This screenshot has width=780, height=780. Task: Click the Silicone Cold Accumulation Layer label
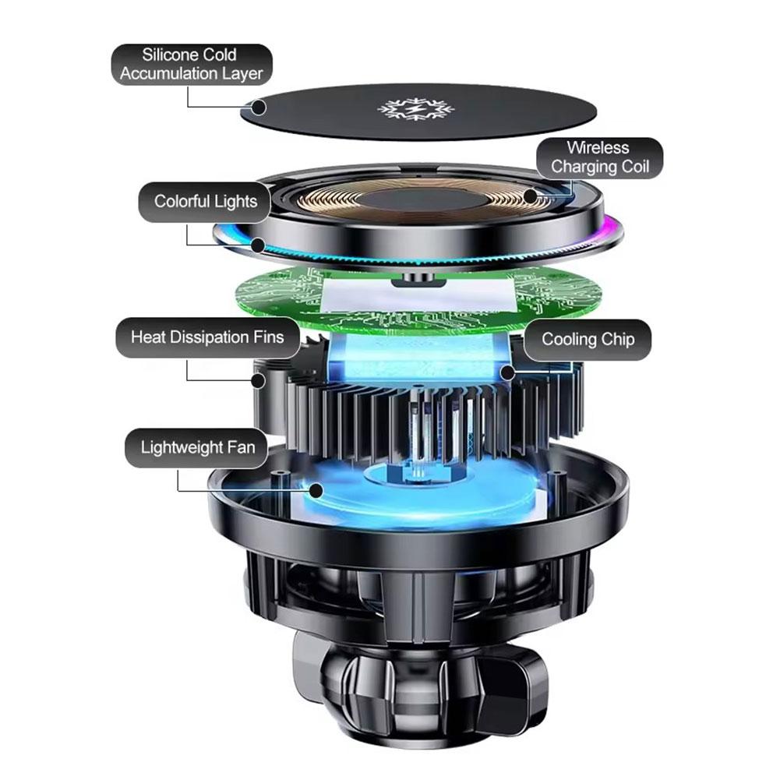click(x=191, y=65)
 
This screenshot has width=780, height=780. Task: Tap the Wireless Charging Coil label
click(x=599, y=158)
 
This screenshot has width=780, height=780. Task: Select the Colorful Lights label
click(x=205, y=202)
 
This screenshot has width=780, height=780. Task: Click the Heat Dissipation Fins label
click(x=206, y=337)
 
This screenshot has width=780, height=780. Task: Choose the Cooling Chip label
click(x=587, y=340)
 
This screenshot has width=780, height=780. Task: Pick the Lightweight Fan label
click(x=197, y=448)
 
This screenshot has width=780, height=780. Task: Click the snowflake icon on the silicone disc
click(x=404, y=109)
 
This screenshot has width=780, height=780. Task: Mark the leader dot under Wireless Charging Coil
click(x=530, y=195)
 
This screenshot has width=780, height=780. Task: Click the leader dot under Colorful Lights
click(x=258, y=245)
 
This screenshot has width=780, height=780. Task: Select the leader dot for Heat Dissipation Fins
click(x=258, y=380)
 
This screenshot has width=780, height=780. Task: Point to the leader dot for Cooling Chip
click(x=508, y=372)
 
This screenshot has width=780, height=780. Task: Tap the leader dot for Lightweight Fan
click(x=316, y=490)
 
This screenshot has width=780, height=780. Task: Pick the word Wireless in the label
click(x=598, y=148)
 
